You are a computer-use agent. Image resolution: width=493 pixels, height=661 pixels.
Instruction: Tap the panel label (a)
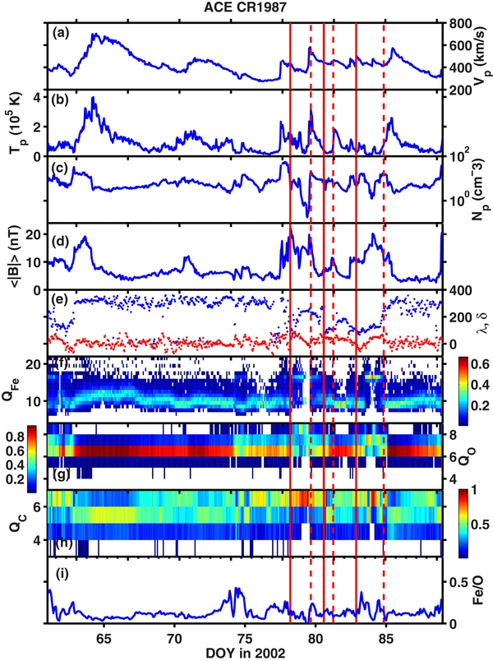click(61, 35)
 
